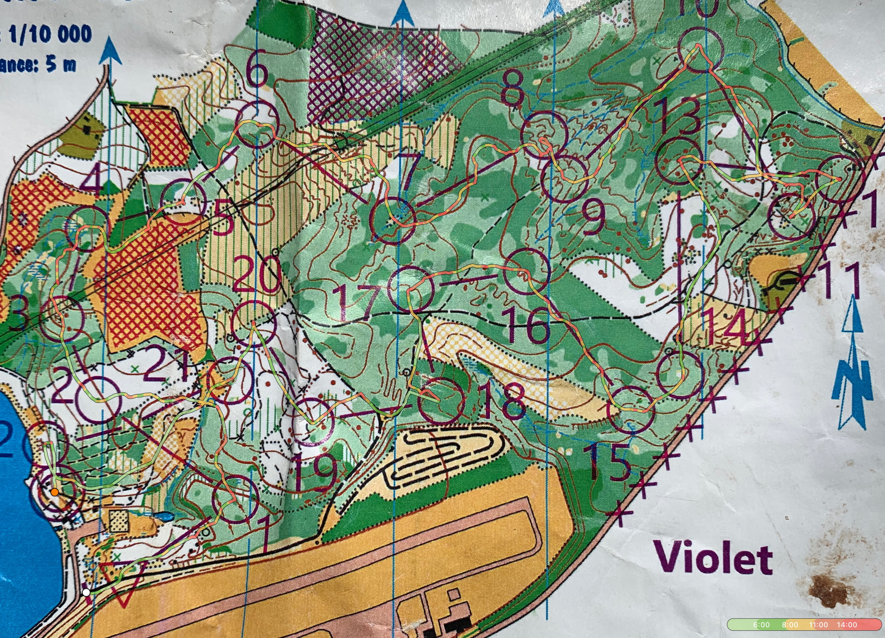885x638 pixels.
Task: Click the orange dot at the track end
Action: click(55, 492)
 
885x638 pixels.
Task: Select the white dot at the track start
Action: click(86, 593)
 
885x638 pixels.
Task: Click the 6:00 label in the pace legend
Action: click(761, 625)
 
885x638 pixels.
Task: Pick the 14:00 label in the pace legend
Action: click(846, 625)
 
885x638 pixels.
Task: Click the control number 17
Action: click(359, 302)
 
